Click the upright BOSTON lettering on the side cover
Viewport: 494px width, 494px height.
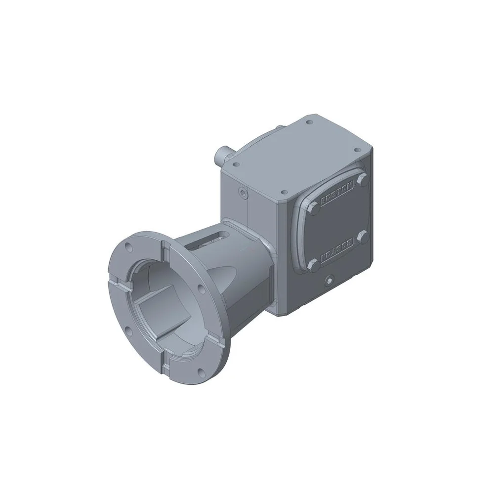(x=337, y=193)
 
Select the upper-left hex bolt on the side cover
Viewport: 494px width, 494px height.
(x=314, y=208)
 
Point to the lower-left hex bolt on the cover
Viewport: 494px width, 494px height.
(x=314, y=265)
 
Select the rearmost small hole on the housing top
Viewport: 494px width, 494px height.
(x=307, y=122)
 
